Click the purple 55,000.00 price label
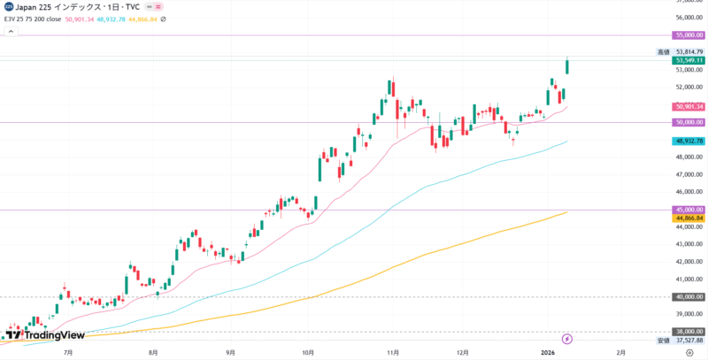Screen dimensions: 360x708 [x=689, y=35]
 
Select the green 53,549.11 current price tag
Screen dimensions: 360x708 [x=689, y=61]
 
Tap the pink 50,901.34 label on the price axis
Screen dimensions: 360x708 [x=689, y=107]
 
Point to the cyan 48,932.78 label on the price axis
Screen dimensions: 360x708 [x=689, y=141]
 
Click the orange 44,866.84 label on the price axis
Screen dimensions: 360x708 [x=689, y=218]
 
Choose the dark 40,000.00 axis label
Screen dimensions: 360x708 [x=689, y=297]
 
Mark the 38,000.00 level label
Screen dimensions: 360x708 [x=689, y=332]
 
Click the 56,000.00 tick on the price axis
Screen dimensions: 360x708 [x=689, y=18]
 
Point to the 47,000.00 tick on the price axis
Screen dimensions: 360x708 [x=689, y=175]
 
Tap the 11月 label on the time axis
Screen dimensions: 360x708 [x=389, y=352]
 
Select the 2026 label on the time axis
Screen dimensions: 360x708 [x=547, y=352]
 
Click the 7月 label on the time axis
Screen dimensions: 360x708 [x=69, y=352]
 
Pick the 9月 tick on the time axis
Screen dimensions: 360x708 [x=230, y=352]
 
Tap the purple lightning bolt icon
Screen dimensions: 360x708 [x=568, y=339]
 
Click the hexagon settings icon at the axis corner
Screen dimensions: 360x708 [x=689, y=352]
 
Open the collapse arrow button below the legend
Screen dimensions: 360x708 [x=11, y=32]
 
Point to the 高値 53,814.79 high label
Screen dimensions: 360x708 [x=681, y=52]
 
